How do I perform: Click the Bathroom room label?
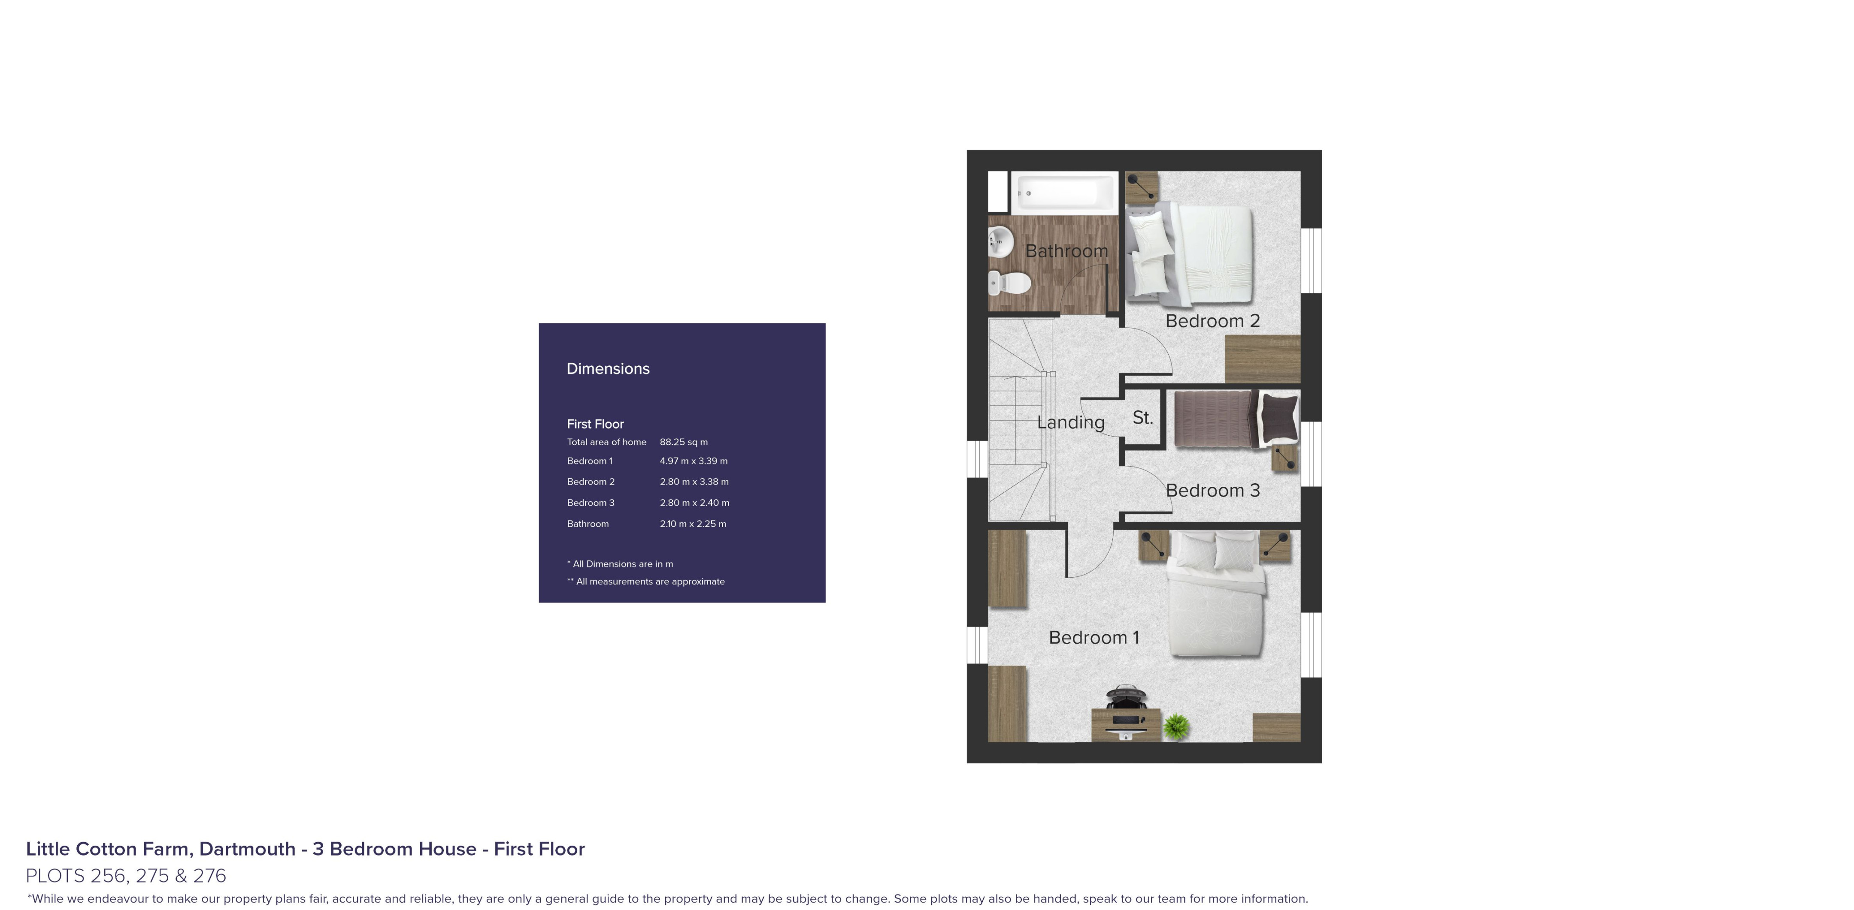click(1066, 251)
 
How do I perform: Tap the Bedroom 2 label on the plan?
click(1213, 321)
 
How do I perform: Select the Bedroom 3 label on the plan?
click(1213, 491)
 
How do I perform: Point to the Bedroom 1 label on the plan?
click(1094, 637)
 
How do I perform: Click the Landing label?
click(1071, 422)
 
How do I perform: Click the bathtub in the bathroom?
click(1064, 193)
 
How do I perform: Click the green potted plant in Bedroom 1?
click(1175, 726)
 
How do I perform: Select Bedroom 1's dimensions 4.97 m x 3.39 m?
click(694, 461)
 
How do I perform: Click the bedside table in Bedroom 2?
click(1142, 186)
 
